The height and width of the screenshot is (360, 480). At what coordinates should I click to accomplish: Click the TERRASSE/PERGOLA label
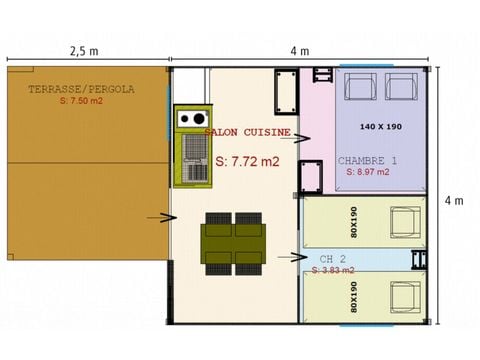[81, 89]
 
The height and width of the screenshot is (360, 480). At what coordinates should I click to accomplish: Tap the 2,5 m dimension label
[84, 50]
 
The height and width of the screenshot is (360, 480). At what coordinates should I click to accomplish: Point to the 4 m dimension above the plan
[299, 50]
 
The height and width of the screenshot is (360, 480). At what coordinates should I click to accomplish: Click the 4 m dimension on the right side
[457, 199]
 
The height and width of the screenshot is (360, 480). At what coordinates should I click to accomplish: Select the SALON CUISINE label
[248, 131]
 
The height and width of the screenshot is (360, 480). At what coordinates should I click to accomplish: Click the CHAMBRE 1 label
[367, 160]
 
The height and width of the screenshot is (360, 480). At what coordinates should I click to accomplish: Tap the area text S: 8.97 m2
[369, 172]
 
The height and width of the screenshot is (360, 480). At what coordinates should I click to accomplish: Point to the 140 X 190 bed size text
[382, 126]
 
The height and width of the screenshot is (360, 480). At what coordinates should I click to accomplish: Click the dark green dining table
[233, 241]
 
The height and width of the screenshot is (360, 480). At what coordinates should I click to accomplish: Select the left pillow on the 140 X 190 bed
[361, 88]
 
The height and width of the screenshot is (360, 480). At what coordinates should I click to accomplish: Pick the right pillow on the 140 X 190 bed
[403, 88]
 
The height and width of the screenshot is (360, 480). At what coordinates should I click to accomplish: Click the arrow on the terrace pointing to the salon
[158, 216]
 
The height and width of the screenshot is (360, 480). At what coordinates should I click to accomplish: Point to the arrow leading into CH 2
[292, 257]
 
